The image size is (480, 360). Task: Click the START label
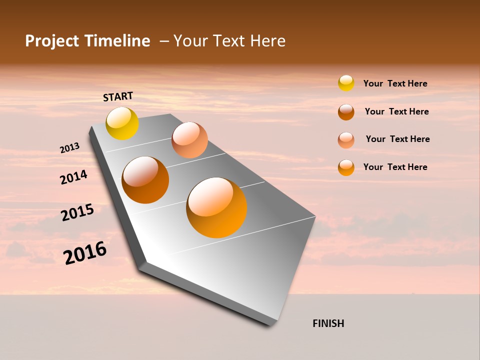click(118, 96)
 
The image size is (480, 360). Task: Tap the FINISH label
click(328, 323)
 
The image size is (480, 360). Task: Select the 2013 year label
click(70, 148)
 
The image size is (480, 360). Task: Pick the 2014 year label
click(74, 177)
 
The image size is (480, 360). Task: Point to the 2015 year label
click(77, 212)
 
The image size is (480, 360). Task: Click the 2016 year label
click(85, 253)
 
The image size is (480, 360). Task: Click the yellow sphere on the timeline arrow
click(122, 123)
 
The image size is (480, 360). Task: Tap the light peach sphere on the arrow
click(189, 140)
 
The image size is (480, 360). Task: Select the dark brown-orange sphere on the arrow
click(145, 180)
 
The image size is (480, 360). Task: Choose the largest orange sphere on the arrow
click(216, 207)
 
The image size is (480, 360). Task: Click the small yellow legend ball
click(346, 83)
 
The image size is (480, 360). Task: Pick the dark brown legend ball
click(346, 112)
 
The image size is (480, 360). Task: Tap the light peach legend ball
click(346, 140)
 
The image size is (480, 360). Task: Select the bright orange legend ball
click(346, 167)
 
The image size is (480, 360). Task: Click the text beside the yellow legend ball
click(395, 83)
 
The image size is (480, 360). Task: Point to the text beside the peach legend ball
click(397, 139)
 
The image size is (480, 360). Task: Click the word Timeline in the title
click(118, 41)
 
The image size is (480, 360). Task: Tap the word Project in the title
click(52, 41)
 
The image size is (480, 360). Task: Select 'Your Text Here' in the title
click(229, 41)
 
